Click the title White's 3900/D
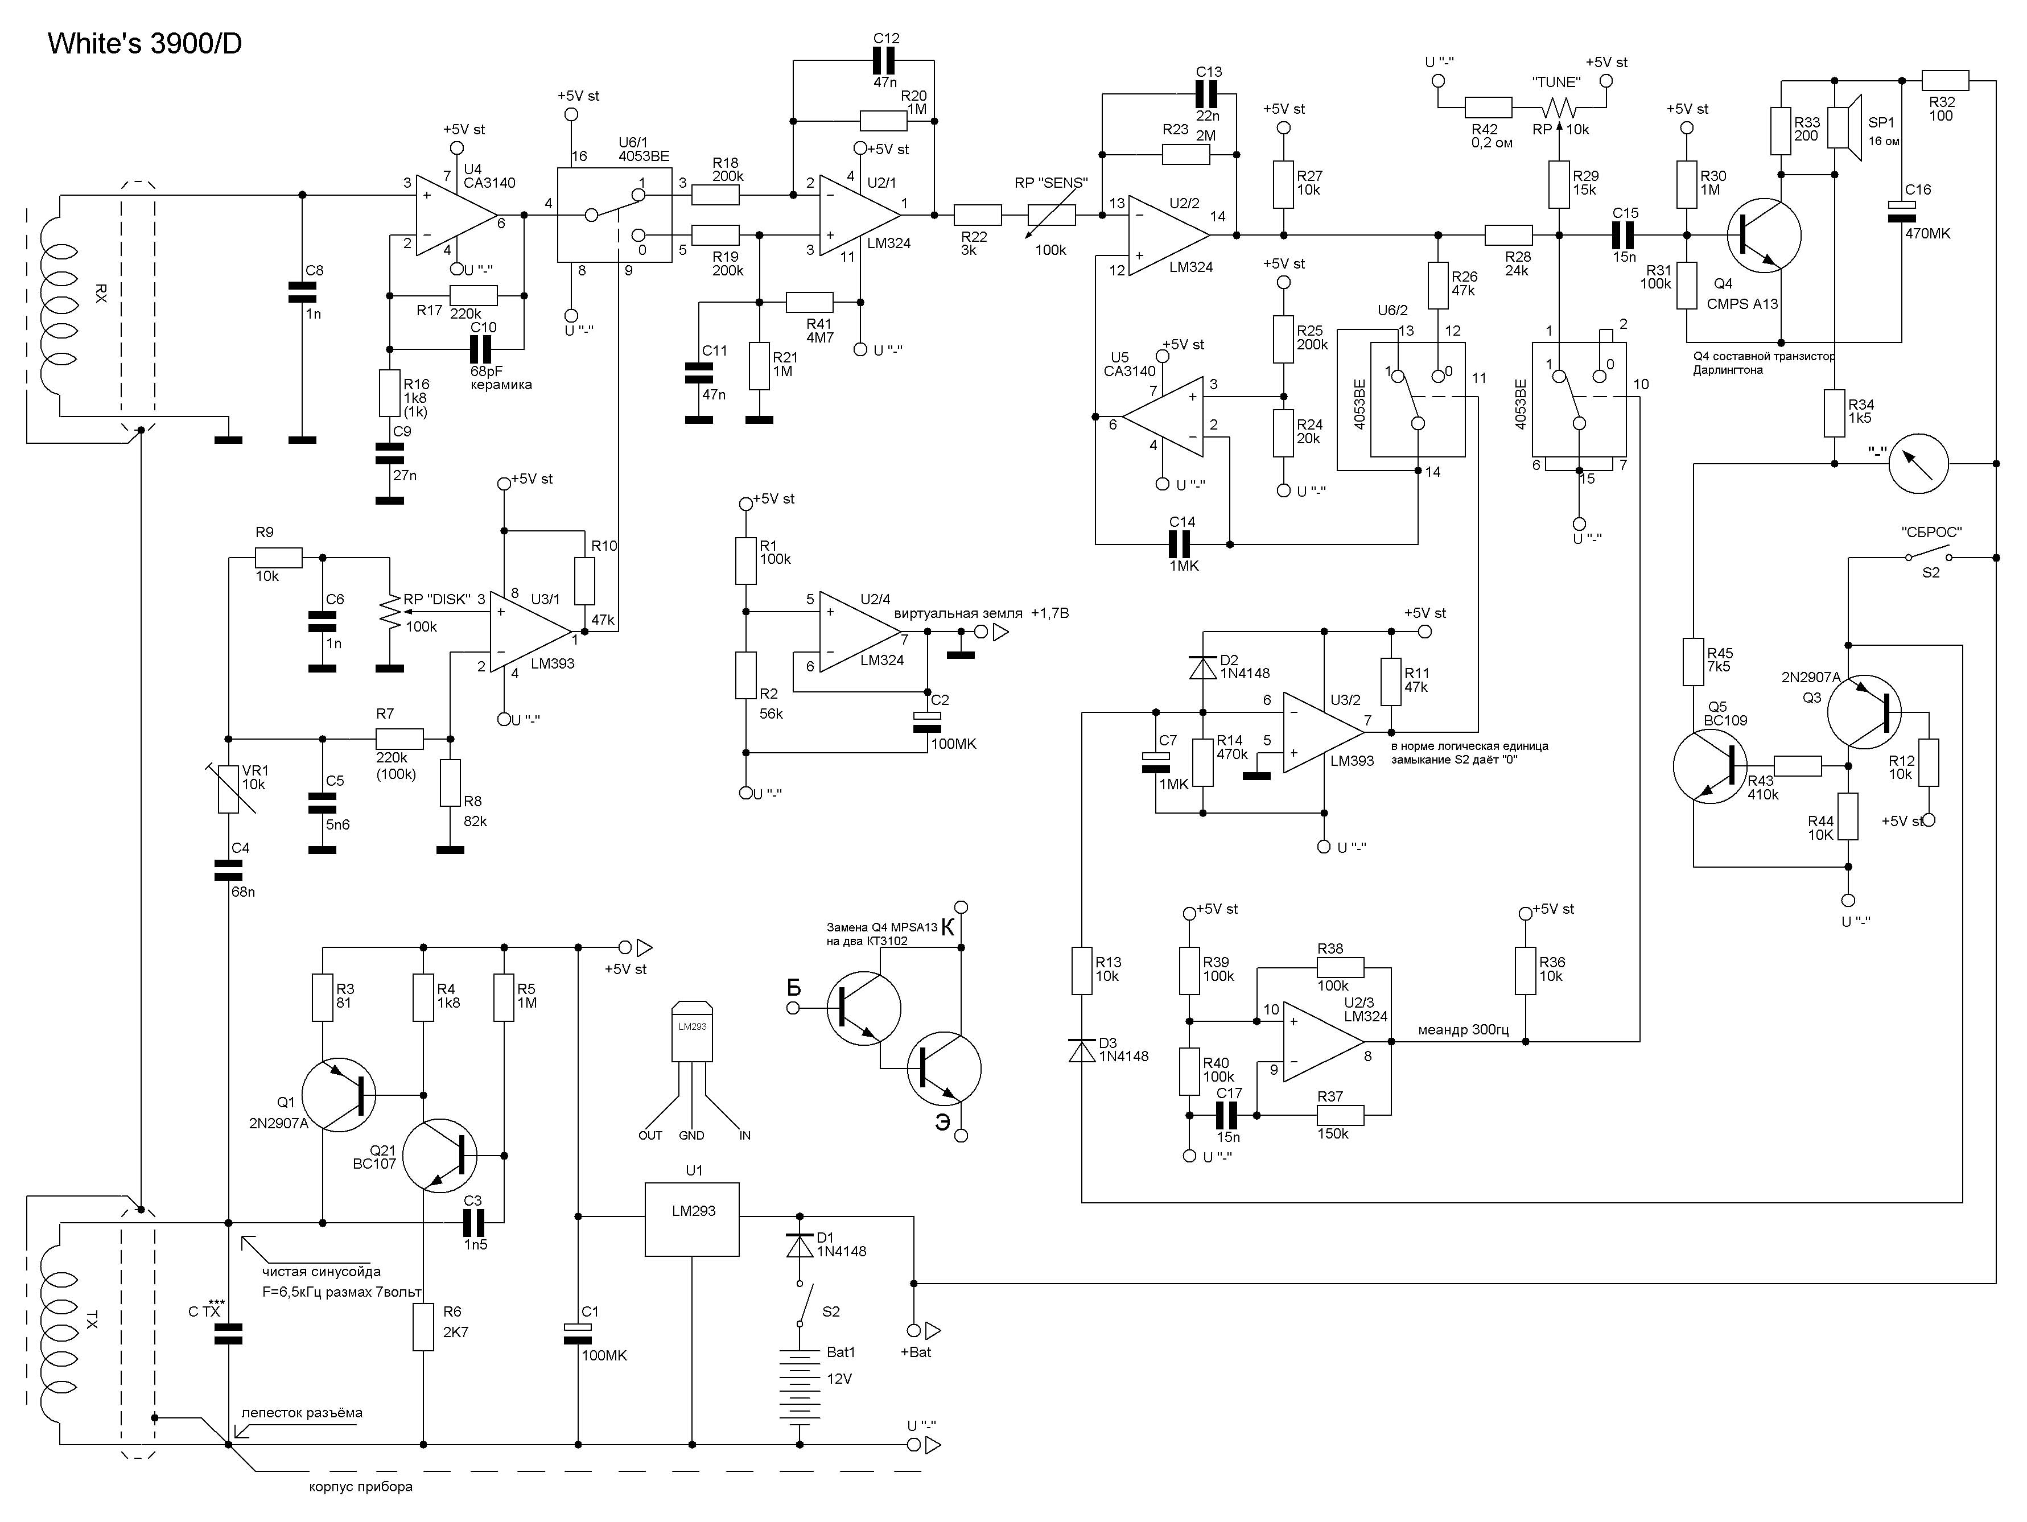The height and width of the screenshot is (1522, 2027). [x=145, y=43]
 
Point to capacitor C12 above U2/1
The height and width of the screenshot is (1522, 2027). [x=884, y=61]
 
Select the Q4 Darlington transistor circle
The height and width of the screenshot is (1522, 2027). [x=1764, y=236]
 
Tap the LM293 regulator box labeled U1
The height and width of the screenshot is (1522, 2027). [x=692, y=1219]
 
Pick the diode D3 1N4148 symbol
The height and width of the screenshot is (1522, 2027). [x=1082, y=1049]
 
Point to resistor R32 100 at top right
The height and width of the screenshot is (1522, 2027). [x=1944, y=80]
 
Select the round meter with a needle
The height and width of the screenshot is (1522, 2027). [x=1918, y=463]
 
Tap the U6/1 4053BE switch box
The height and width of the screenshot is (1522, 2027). [x=614, y=215]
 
